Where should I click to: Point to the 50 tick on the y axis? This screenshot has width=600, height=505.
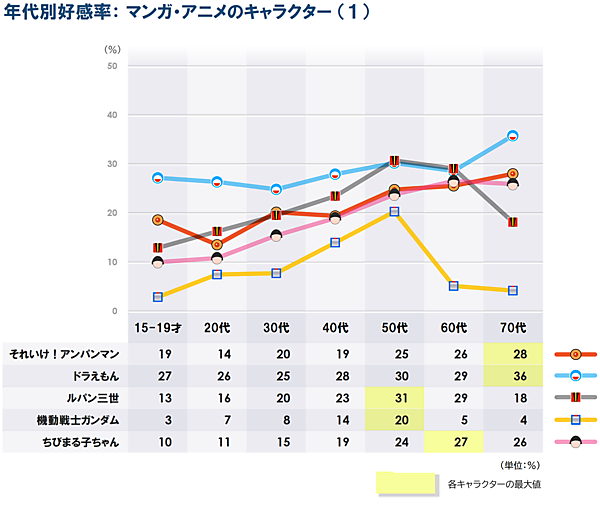click(112, 66)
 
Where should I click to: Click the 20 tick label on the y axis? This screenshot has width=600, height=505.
click(112, 213)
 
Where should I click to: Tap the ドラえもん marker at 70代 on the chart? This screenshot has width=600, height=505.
click(512, 136)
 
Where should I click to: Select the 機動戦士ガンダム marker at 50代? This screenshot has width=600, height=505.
click(394, 212)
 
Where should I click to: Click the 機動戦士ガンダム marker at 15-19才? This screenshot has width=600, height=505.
click(158, 297)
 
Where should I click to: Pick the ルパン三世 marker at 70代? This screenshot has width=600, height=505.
click(512, 222)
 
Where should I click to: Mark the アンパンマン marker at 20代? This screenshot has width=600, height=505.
click(217, 244)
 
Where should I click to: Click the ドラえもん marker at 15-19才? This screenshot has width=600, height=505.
click(158, 178)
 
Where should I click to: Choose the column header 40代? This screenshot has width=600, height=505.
click(335, 327)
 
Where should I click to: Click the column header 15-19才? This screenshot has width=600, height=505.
click(158, 327)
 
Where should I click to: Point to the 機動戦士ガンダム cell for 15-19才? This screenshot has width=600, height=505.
click(158, 419)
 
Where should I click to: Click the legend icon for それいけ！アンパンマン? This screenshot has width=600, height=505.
click(574, 354)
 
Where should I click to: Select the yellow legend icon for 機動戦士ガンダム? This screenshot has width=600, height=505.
click(574, 419)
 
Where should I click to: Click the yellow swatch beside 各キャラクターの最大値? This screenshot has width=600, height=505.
click(406, 484)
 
